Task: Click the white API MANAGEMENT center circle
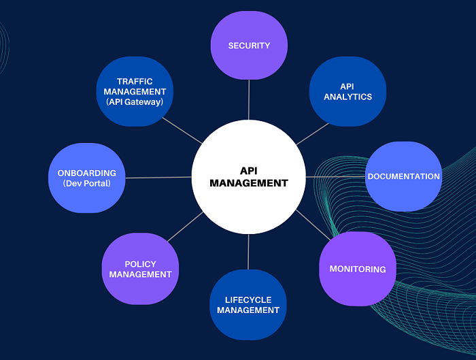(249, 177)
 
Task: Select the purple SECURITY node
(249, 46)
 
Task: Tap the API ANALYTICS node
(347, 92)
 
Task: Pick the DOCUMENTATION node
(403, 176)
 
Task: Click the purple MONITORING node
(358, 269)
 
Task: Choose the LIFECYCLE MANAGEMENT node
(248, 305)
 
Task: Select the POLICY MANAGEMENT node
(140, 269)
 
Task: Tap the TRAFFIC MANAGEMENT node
(135, 91)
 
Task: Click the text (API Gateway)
(135, 101)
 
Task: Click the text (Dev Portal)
(86, 184)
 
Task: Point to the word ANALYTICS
(347, 97)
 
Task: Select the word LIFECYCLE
(248, 300)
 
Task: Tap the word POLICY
(140, 264)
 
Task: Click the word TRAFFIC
(135, 81)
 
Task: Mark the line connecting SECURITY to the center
(249, 99)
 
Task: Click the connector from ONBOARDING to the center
(158, 178)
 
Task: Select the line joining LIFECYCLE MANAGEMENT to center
(248, 252)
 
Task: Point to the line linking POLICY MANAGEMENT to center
(185, 227)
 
